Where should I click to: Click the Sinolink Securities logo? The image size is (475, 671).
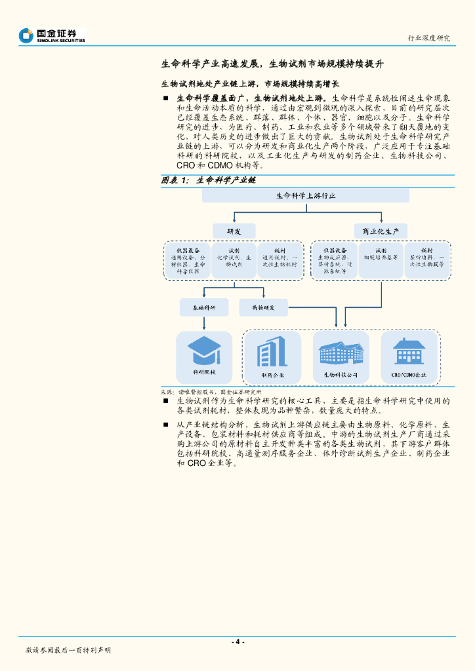52,35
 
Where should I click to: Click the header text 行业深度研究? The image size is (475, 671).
428,38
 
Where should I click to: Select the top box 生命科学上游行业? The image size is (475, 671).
305,196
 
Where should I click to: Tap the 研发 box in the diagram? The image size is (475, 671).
234,231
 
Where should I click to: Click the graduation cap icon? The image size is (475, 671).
204,351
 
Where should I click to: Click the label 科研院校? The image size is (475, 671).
204,372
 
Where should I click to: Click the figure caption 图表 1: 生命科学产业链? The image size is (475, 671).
209,180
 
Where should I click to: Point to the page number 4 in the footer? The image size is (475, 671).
238,642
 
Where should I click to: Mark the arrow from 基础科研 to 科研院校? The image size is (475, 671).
204,322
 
